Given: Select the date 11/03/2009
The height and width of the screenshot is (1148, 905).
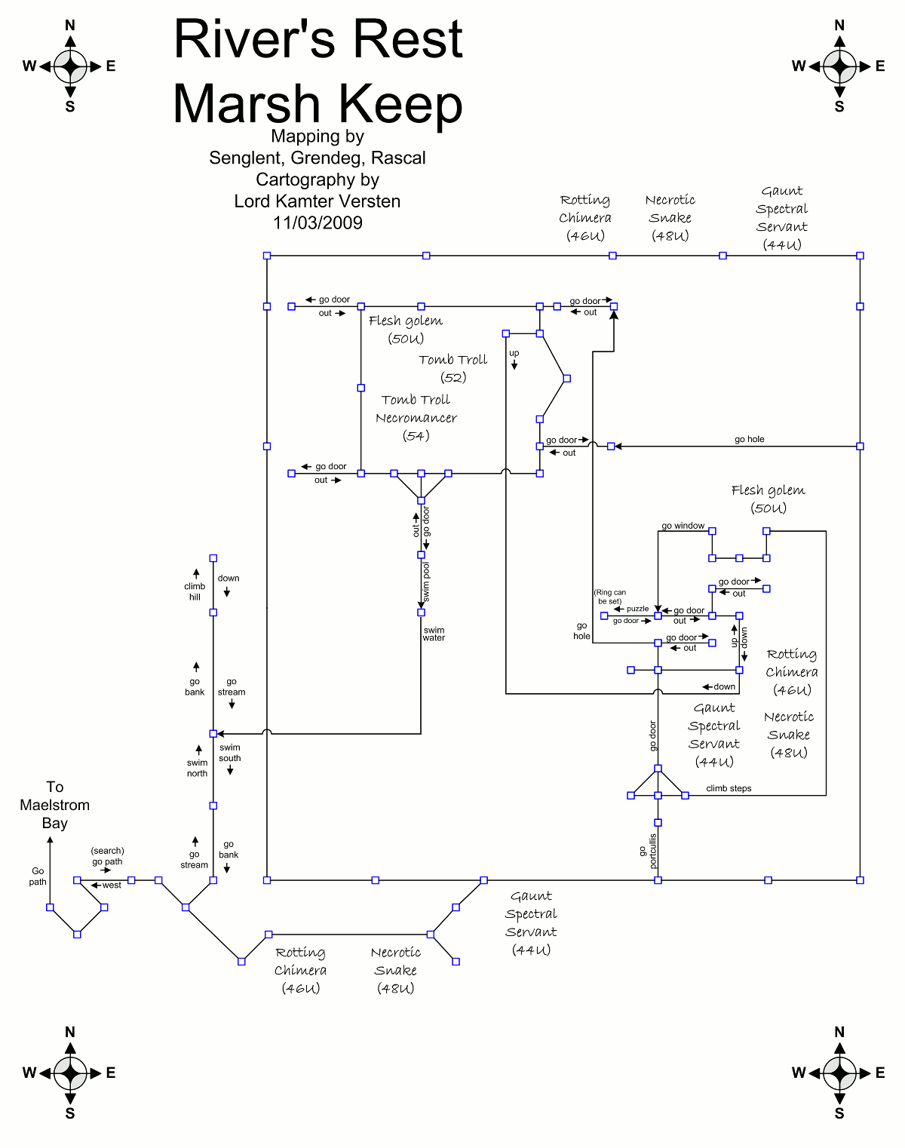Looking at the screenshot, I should point(318,223).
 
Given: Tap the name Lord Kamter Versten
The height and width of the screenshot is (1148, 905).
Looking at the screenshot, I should point(318,201).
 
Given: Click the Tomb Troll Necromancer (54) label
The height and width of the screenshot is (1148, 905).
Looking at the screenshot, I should point(416,418).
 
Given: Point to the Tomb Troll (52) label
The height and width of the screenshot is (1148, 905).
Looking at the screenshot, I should point(453,368).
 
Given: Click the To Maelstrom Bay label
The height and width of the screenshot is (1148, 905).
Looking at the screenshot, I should point(54,805).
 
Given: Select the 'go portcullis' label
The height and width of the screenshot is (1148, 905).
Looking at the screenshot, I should point(649,851).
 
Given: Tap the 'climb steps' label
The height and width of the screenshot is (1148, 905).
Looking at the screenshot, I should point(729,788).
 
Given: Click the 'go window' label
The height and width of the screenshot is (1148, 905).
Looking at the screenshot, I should point(683,526).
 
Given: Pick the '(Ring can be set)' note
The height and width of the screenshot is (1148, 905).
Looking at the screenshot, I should point(609,597).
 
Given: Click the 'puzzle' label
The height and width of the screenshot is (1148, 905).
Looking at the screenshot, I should point(637,609).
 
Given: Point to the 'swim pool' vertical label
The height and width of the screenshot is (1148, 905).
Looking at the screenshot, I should point(426,581).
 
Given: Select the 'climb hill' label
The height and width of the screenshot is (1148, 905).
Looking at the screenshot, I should point(195,591).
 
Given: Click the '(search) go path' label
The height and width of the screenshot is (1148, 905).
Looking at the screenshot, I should point(107,856).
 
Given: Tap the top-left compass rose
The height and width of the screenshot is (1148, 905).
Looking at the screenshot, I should point(70,66).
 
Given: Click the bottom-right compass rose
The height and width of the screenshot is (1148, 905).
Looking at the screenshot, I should point(839,1073).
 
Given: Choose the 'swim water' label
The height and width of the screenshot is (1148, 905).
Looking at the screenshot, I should point(434,634).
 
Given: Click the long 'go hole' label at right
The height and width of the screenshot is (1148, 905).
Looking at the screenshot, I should point(749,439).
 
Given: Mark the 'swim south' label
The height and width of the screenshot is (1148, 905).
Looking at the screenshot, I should point(230,753).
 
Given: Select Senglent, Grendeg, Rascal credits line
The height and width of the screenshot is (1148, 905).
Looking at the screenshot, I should point(318,158).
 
